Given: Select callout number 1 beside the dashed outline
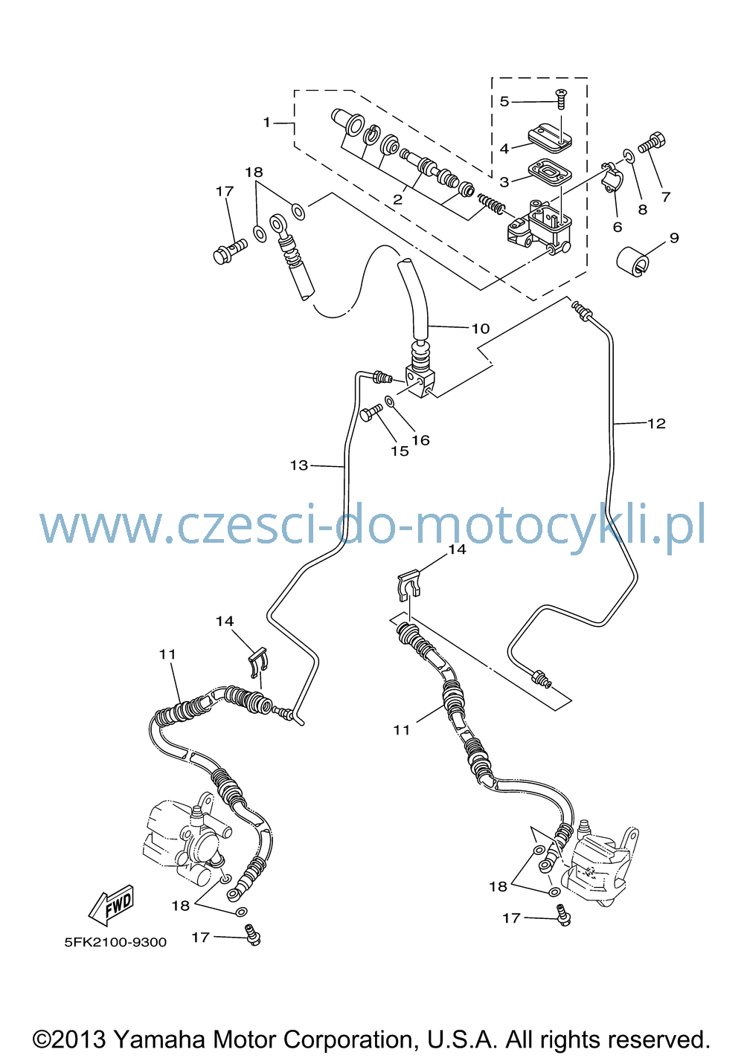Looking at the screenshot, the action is [x=266, y=123].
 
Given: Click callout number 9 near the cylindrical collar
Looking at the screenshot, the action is [x=673, y=238].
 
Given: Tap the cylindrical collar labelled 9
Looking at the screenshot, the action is [x=633, y=261].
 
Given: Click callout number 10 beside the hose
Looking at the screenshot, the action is [x=480, y=329].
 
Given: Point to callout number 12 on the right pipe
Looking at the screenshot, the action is [x=656, y=423].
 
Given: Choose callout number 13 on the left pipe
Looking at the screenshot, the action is [x=299, y=465].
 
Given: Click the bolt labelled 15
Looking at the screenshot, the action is [x=371, y=413].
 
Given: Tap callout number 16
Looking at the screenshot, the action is [x=420, y=440].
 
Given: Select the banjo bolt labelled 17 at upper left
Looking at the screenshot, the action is [x=231, y=251].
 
